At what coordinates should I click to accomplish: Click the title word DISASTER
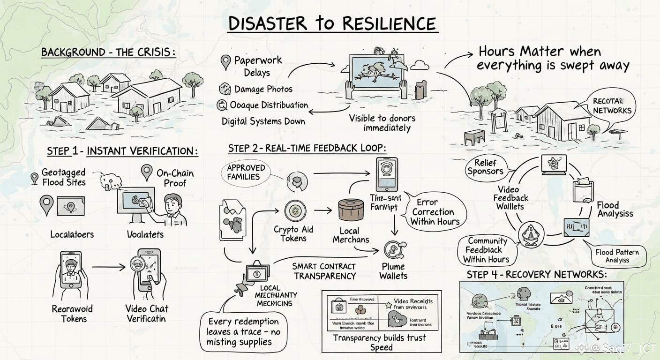pos(267,23)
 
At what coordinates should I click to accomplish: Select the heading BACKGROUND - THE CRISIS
pos(108,52)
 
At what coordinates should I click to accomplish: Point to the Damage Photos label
pos(263,89)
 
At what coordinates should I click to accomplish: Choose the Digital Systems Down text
pos(263,121)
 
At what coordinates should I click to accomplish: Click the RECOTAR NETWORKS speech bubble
pos(612,106)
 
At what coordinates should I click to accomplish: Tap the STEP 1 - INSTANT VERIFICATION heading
pos(122,151)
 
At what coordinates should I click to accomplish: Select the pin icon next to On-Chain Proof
pos(147,172)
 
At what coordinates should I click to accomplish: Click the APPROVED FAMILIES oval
pos(246,172)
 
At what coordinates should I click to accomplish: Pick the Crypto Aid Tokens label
pos(293,234)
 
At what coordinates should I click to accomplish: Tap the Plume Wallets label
pos(393,271)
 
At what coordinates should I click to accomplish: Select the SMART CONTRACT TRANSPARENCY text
pos(324,271)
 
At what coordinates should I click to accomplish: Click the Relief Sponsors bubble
pos(485,167)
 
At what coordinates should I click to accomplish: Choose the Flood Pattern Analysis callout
pos(617,256)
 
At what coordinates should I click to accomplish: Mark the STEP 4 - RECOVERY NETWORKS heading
pos(537,274)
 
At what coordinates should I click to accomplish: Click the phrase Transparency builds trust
pos(379,338)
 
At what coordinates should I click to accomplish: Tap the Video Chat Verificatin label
pos(147,314)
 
